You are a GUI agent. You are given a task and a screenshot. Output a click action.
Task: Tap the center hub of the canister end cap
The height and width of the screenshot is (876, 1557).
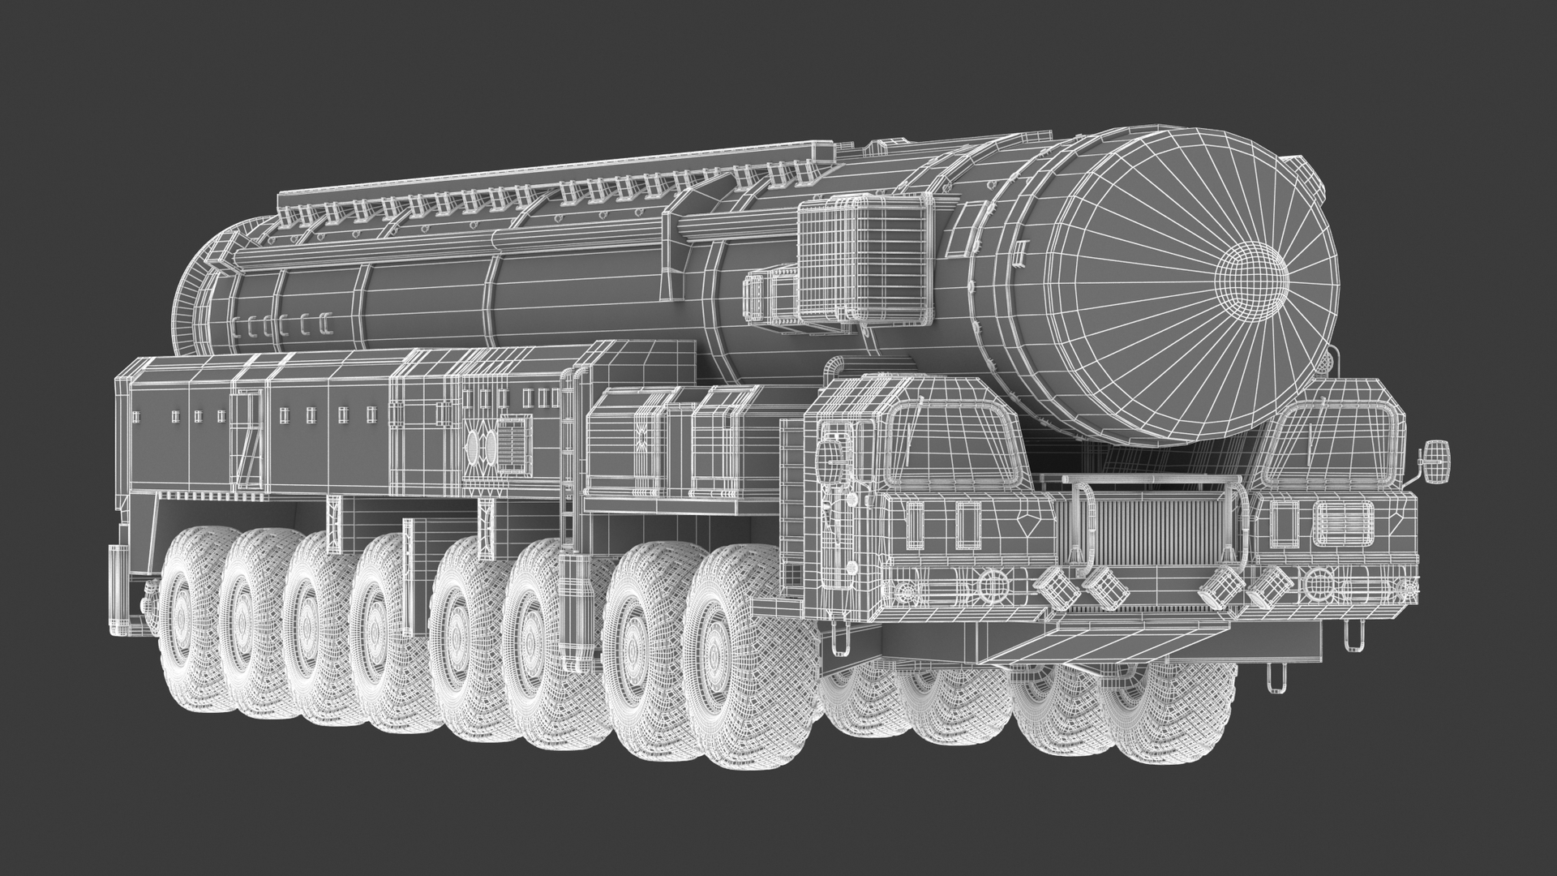pos(1254,280)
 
